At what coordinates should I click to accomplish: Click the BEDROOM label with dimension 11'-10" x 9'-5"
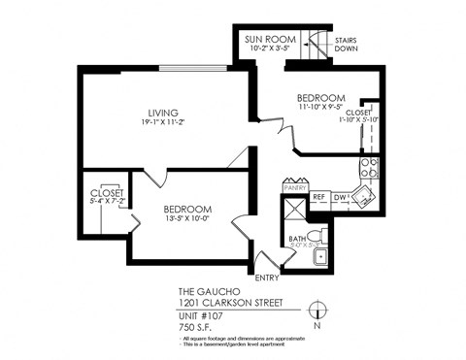tap(320, 99)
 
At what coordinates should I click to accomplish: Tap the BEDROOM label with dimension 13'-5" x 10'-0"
tap(187, 209)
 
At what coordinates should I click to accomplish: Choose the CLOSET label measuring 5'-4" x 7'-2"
tap(106, 193)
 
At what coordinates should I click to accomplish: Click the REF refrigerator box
tap(318, 197)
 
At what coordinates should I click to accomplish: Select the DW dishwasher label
tap(339, 197)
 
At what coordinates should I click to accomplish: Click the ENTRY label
tap(267, 278)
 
